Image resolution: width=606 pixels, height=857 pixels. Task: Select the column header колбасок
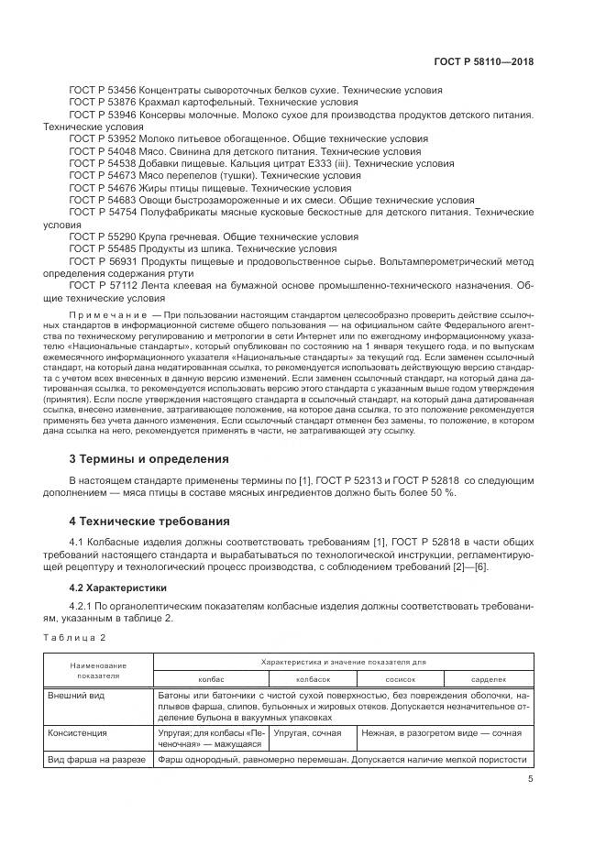pyautogui.click(x=313, y=678)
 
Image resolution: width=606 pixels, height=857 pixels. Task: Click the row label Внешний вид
pyautogui.click(x=76, y=696)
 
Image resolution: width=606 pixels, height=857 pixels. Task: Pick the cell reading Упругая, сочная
pyautogui.click(x=308, y=732)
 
